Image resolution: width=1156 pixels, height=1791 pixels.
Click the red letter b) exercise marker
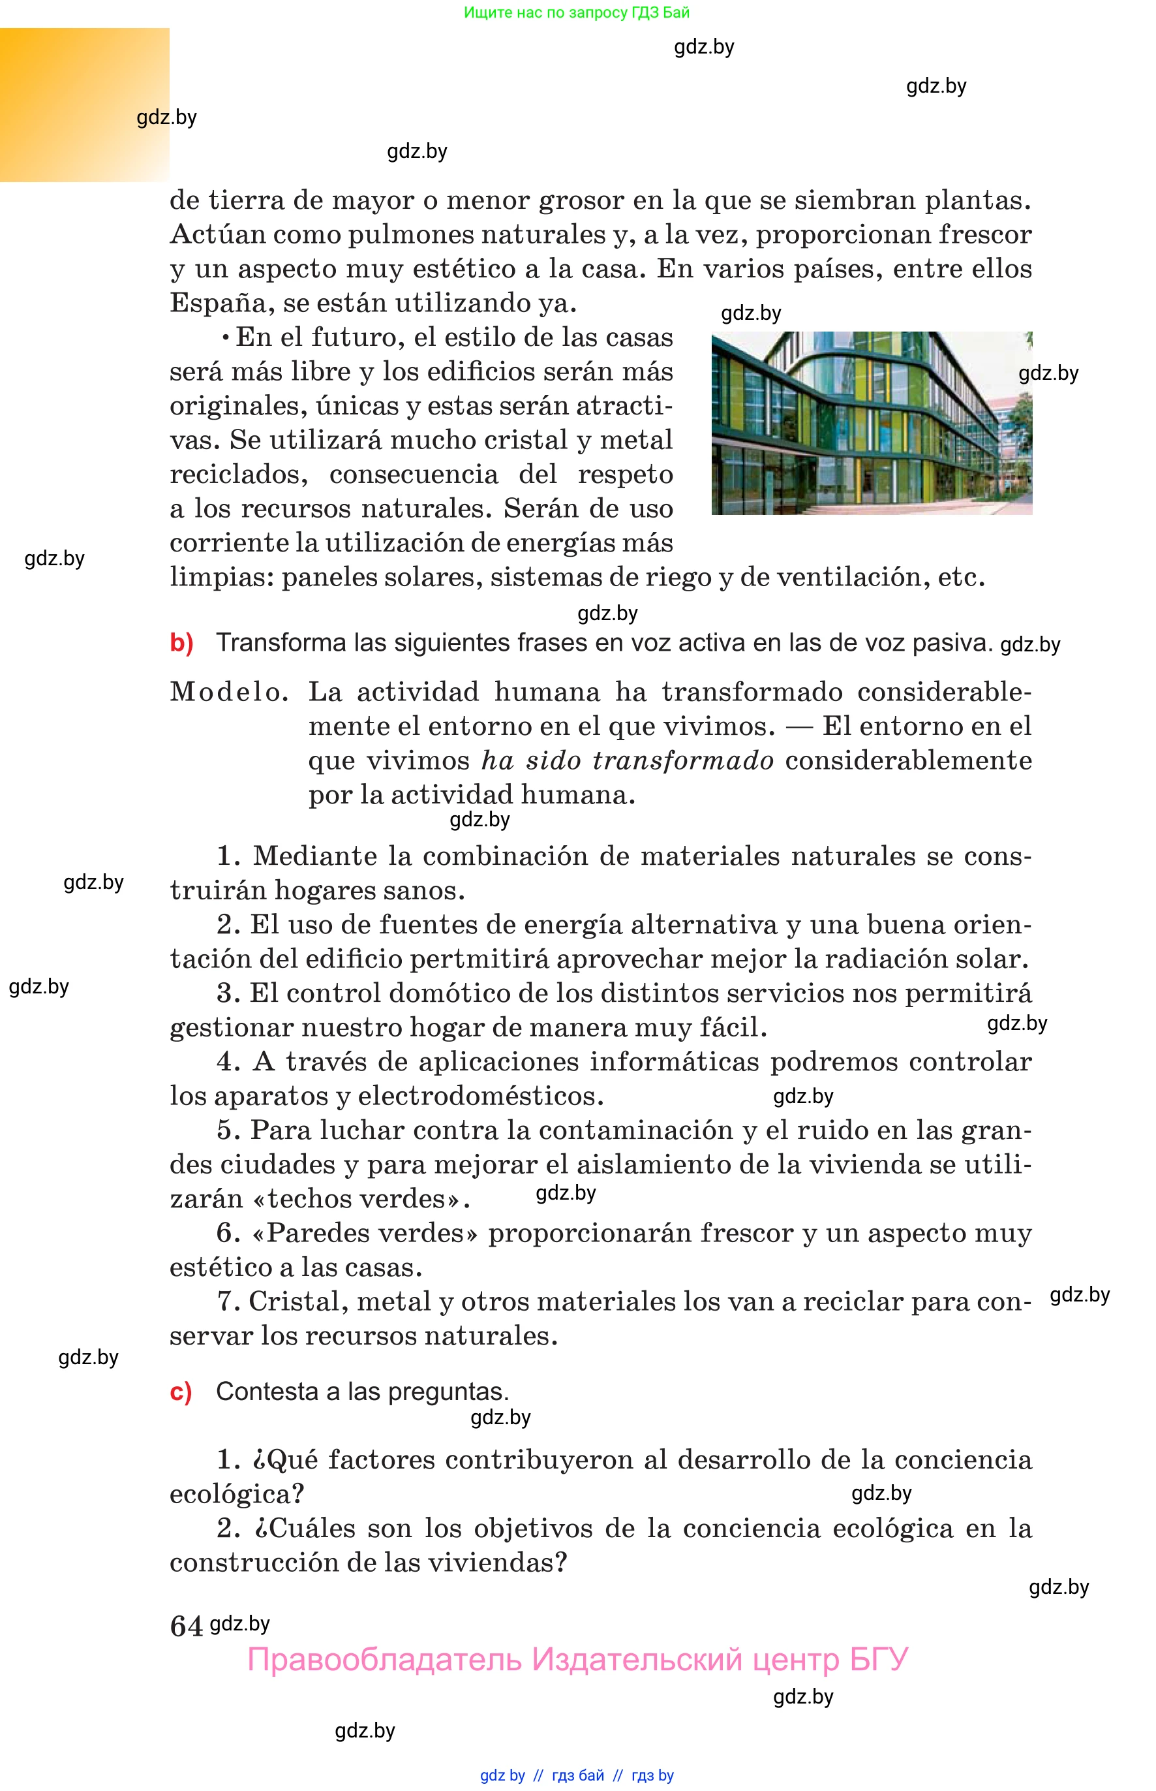click(x=181, y=644)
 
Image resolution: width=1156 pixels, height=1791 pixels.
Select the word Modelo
click(x=228, y=692)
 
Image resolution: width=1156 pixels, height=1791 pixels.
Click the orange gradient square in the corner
click(x=84, y=104)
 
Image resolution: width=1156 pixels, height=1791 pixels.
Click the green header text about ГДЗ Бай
click(x=577, y=13)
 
